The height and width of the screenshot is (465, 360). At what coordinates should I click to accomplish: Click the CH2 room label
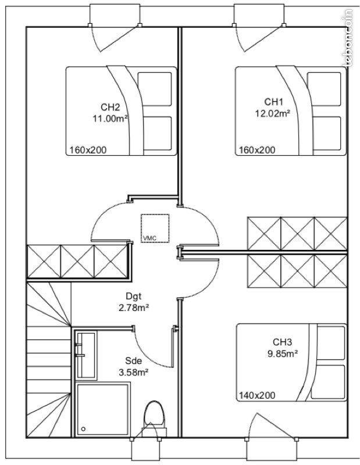(110, 107)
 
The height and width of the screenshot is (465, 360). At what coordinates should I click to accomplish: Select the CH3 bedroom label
(282, 342)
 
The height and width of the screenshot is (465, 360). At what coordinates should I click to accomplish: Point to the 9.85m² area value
(282, 352)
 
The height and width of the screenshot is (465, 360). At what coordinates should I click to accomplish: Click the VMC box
(155, 228)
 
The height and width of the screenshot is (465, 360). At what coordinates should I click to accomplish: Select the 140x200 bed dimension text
(257, 395)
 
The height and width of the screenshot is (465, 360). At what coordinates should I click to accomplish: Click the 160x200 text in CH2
(88, 150)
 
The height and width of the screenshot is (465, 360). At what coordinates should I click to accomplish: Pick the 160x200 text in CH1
(257, 150)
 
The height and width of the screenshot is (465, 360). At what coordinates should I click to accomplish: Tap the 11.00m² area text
(110, 117)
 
